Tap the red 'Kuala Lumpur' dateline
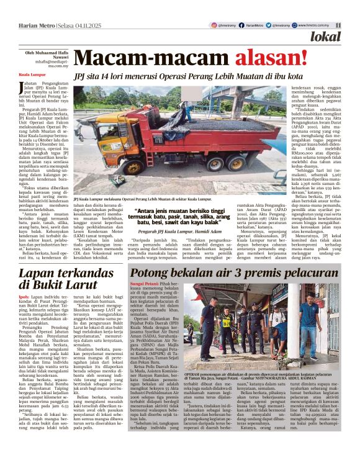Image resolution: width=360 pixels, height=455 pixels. [x=28, y=73]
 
